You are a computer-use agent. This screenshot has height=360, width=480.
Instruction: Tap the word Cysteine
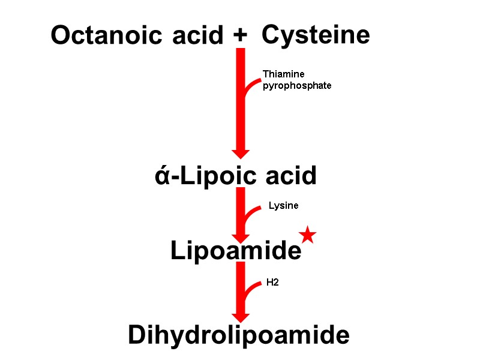[x=316, y=35]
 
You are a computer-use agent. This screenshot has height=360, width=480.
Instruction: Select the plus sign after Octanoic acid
[x=239, y=36]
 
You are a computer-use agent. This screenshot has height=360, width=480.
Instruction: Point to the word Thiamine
[x=283, y=74]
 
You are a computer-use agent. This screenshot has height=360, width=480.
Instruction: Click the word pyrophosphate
[x=297, y=86]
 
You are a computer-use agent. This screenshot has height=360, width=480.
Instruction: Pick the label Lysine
[x=283, y=206]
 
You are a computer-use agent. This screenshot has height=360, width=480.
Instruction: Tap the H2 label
[x=272, y=282]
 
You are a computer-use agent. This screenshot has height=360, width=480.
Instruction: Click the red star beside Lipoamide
[x=307, y=235]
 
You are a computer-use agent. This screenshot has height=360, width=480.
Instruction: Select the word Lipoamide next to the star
[x=236, y=251]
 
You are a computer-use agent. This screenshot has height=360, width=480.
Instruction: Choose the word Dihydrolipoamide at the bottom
[x=239, y=335]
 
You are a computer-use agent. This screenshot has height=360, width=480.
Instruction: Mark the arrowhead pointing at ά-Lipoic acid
[x=241, y=152]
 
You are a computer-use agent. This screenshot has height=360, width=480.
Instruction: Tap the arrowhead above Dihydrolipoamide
[x=241, y=316]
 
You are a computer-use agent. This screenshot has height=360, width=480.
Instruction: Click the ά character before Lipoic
[x=161, y=177]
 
